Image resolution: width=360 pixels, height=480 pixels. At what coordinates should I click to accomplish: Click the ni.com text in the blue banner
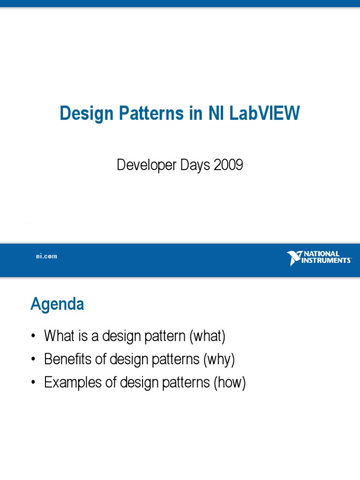pos(47,256)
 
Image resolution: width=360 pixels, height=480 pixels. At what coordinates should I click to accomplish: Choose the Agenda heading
pos(57,305)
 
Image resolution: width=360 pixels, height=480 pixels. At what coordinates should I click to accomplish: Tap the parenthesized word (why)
pos(218,360)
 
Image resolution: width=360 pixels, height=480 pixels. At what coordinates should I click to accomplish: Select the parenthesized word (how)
pos(230,383)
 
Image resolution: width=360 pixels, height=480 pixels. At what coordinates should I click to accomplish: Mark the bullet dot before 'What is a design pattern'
pos(33,337)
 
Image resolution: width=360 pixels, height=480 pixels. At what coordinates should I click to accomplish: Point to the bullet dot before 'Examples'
pos(33,383)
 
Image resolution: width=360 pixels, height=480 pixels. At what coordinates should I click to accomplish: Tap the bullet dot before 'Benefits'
pos(33,360)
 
